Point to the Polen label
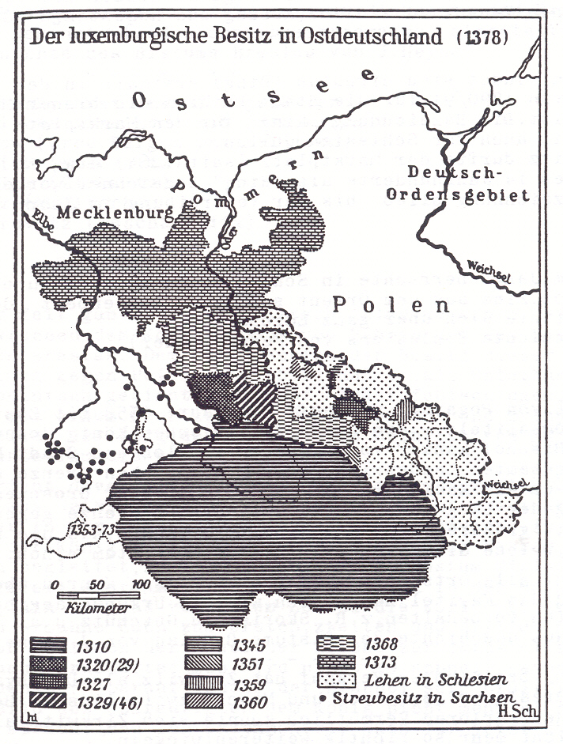pos(390,304)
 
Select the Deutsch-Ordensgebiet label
pos(467,185)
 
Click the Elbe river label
pos(42,219)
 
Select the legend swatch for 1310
pos(51,644)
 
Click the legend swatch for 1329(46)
pos(51,699)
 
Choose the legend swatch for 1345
pos(203,644)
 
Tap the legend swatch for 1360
pos(203,699)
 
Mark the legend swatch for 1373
pos(336,663)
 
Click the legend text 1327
pos(101,681)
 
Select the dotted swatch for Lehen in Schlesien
pos(336,680)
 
